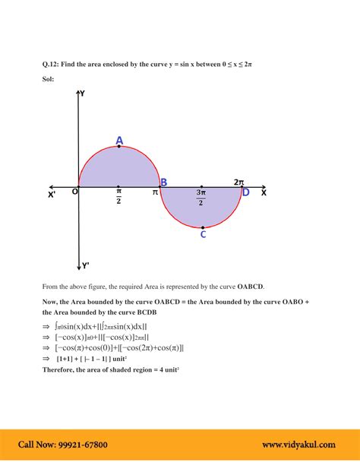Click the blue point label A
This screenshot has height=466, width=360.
pyautogui.click(x=119, y=140)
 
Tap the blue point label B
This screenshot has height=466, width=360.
pyautogui.click(x=163, y=182)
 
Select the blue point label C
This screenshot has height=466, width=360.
pyautogui.click(x=203, y=235)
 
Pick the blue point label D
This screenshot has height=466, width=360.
pyautogui.click(x=245, y=192)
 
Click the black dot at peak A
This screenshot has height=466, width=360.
pyautogui.click(x=119, y=147)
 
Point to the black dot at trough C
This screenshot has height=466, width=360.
pyautogui.click(x=203, y=227)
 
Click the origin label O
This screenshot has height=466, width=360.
pyautogui.click(x=74, y=192)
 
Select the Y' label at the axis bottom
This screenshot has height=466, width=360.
pyautogui.click(x=86, y=265)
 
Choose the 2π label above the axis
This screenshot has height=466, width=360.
pyautogui.click(x=238, y=182)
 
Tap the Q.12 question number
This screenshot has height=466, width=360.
pyautogui.click(x=53, y=65)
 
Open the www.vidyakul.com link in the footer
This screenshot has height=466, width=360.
pyautogui.click(x=299, y=445)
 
